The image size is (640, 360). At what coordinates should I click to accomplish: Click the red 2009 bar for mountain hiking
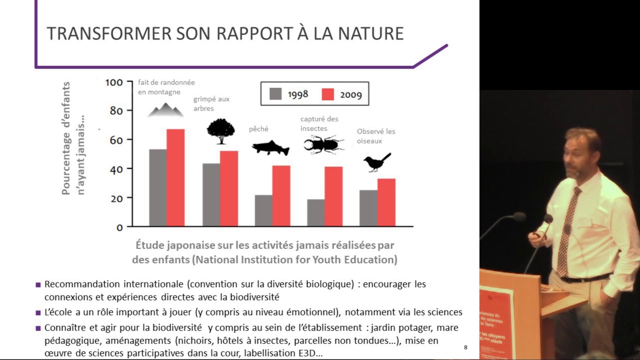click(175, 177)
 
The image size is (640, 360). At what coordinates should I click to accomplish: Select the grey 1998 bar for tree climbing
click(211, 194)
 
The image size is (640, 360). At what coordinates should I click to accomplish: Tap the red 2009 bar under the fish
click(281, 195)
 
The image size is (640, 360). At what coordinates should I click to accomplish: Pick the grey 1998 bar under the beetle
click(315, 212)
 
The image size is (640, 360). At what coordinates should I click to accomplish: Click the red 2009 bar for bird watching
click(386, 202)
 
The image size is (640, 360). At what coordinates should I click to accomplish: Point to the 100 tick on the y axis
click(114, 82)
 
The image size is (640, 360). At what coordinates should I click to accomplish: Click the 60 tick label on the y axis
click(116, 140)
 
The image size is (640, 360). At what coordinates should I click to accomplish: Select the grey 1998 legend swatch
click(275, 94)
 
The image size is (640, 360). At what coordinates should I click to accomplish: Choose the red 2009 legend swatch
click(327, 94)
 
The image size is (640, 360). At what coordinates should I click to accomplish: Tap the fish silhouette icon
click(270, 147)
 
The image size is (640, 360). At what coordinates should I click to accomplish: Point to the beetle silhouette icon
click(323, 144)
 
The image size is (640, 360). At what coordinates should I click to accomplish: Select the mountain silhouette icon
click(165, 110)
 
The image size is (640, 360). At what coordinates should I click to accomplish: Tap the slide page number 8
click(465, 347)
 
